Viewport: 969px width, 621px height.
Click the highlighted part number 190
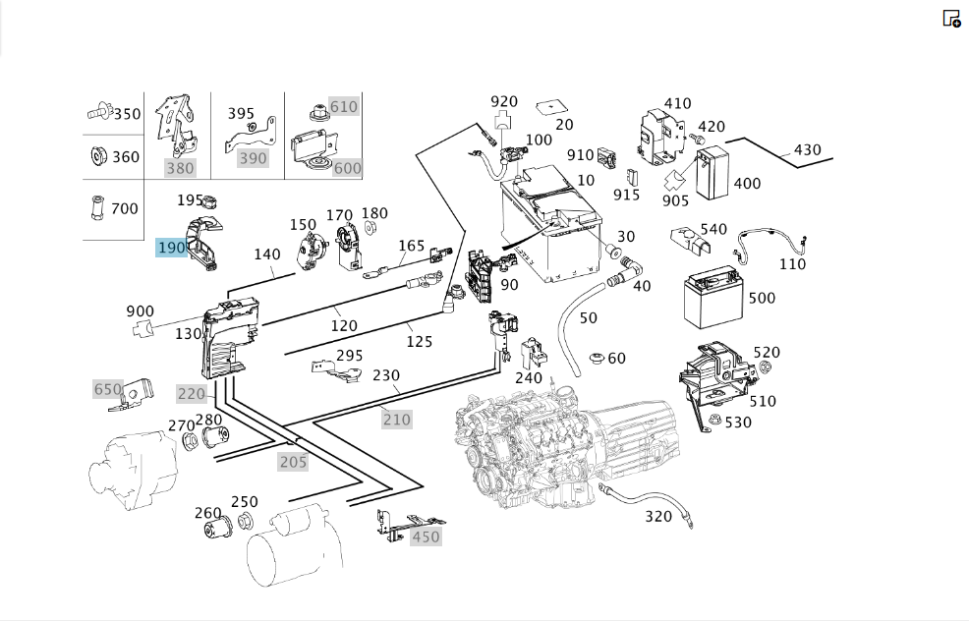[171, 248]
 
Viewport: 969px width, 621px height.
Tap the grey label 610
[344, 107]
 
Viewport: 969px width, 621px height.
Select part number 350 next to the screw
[127, 114]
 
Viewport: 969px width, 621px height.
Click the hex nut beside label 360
[97, 155]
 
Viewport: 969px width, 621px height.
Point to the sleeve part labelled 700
[96, 208]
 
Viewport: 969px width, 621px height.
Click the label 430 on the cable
[807, 150]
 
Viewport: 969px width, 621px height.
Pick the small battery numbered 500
[712, 297]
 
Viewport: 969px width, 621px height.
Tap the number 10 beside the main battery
[585, 181]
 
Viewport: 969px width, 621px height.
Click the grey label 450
[426, 536]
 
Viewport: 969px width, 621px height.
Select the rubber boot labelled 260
[217, 528]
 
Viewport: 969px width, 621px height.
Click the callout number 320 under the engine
[658, 517]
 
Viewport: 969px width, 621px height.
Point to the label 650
[107, 389]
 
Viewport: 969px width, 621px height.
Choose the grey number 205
[293, 462]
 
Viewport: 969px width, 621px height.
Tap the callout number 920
[503, 101]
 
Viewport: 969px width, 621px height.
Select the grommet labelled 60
[597, 359]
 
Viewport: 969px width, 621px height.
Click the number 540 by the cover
[713, 229]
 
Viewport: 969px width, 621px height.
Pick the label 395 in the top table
[241, 114]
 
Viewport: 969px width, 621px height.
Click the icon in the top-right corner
[951, 19]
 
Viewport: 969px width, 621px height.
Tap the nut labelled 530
[715, 419]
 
